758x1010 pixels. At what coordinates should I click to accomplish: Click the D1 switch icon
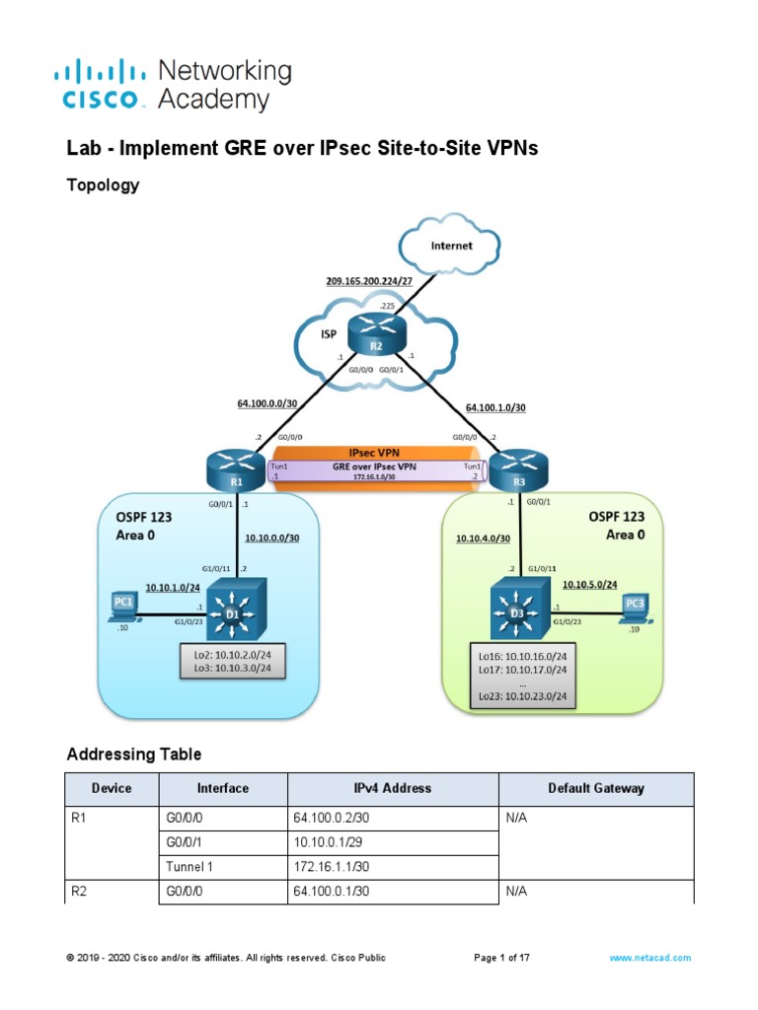pos(235,612)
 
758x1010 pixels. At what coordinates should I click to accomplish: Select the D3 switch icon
pos(516,613)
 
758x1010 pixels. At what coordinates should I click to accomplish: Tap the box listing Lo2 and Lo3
pos(235,661)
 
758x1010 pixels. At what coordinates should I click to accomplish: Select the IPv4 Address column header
pos(393,788)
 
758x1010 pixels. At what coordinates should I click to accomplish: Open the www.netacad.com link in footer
pos(649,958)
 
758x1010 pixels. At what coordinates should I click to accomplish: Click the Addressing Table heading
pos(134,755)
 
